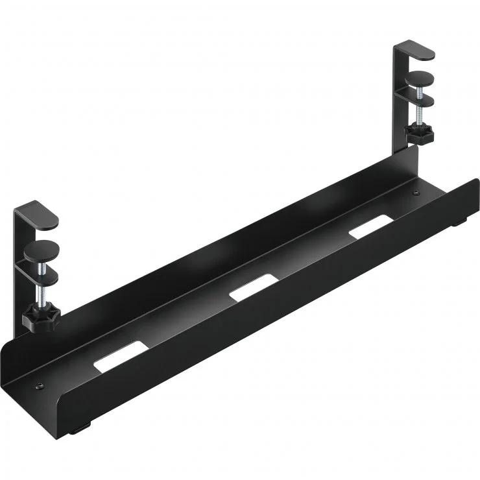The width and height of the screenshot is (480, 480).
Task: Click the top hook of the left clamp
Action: click(37, 214)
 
